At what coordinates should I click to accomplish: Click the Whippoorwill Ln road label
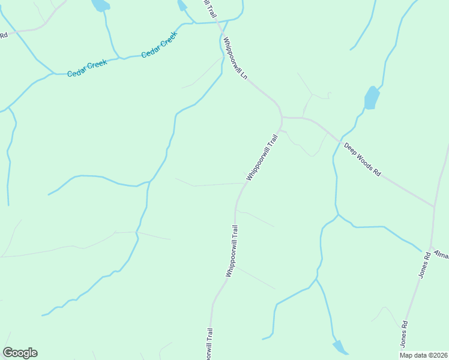[235, 61]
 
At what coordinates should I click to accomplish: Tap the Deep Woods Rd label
[362, 159]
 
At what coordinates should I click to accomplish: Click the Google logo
[20, 353]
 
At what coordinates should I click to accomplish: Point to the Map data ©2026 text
[423, 355]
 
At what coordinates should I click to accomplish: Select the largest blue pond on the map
[372, 98]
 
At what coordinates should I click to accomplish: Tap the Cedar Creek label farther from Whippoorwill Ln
[86, 67]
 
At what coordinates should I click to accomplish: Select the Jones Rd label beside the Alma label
[424, 264]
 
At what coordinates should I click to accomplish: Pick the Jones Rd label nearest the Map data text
[405, 334]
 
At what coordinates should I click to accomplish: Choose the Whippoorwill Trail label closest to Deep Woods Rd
[263, 158]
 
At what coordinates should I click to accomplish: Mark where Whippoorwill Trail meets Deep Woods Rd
[282, 118]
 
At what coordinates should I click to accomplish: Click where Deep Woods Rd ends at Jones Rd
[434, 207]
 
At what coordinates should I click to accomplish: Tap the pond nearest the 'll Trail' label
[182, 5]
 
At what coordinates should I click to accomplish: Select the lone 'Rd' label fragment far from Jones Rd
[3, 35]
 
